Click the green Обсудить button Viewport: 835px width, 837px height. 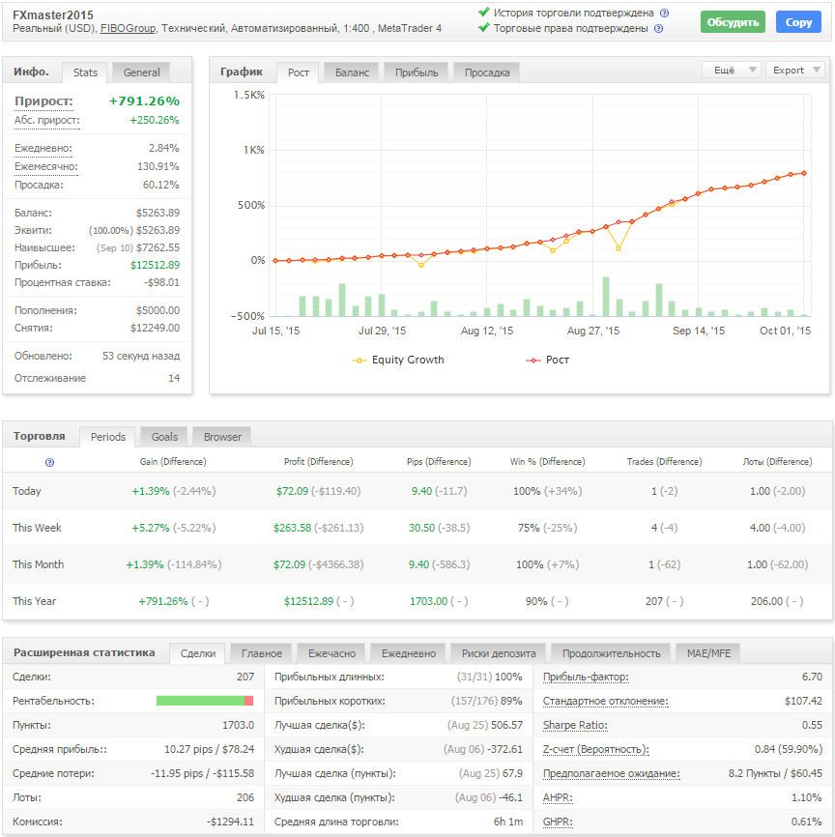[733, 22]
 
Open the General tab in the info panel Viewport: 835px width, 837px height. [141, 72]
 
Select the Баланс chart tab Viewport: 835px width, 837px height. [352, 72]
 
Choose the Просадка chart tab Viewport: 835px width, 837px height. [487, 72]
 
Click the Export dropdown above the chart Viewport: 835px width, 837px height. [794, 71]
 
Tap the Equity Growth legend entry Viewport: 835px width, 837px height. [407, 360]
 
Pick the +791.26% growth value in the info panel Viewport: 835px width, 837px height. [144, 101]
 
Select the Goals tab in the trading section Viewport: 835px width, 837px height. [164, 437]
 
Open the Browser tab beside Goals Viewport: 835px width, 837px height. [222, 437]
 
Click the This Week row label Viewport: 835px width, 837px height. [37, 528]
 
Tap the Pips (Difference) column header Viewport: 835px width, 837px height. [434, 462]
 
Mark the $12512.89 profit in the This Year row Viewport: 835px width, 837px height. [309, 601]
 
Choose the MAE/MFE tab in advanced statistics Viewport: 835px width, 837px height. [708, 653]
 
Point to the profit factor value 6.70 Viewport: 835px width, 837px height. [812, 677]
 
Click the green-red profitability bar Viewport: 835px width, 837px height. [205, 701]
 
